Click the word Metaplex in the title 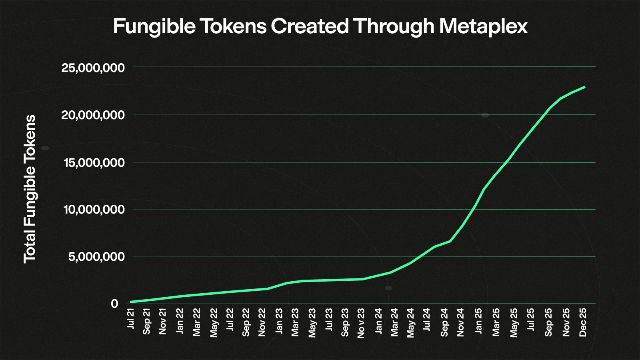tap(483, 26)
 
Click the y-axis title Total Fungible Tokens tap(30, 189)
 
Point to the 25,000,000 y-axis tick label tap(93, 68)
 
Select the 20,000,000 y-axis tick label tap(93, 115)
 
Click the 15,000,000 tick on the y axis tap(94, 163)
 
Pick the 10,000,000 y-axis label tap(94, 210)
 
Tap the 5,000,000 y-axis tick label tap(96, 257)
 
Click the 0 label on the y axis tap(115, 304)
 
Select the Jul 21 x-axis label tap(130, 318)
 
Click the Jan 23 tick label tap(279, 321)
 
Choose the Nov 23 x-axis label tap(361, 323)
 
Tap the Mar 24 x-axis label tap(394, 322)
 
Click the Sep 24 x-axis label tap(444, 322)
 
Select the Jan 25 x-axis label tap(478, 321)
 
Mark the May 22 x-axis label tap(214, 322)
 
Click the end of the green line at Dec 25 tap(585, 87)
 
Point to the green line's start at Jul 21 tap(131, 302)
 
